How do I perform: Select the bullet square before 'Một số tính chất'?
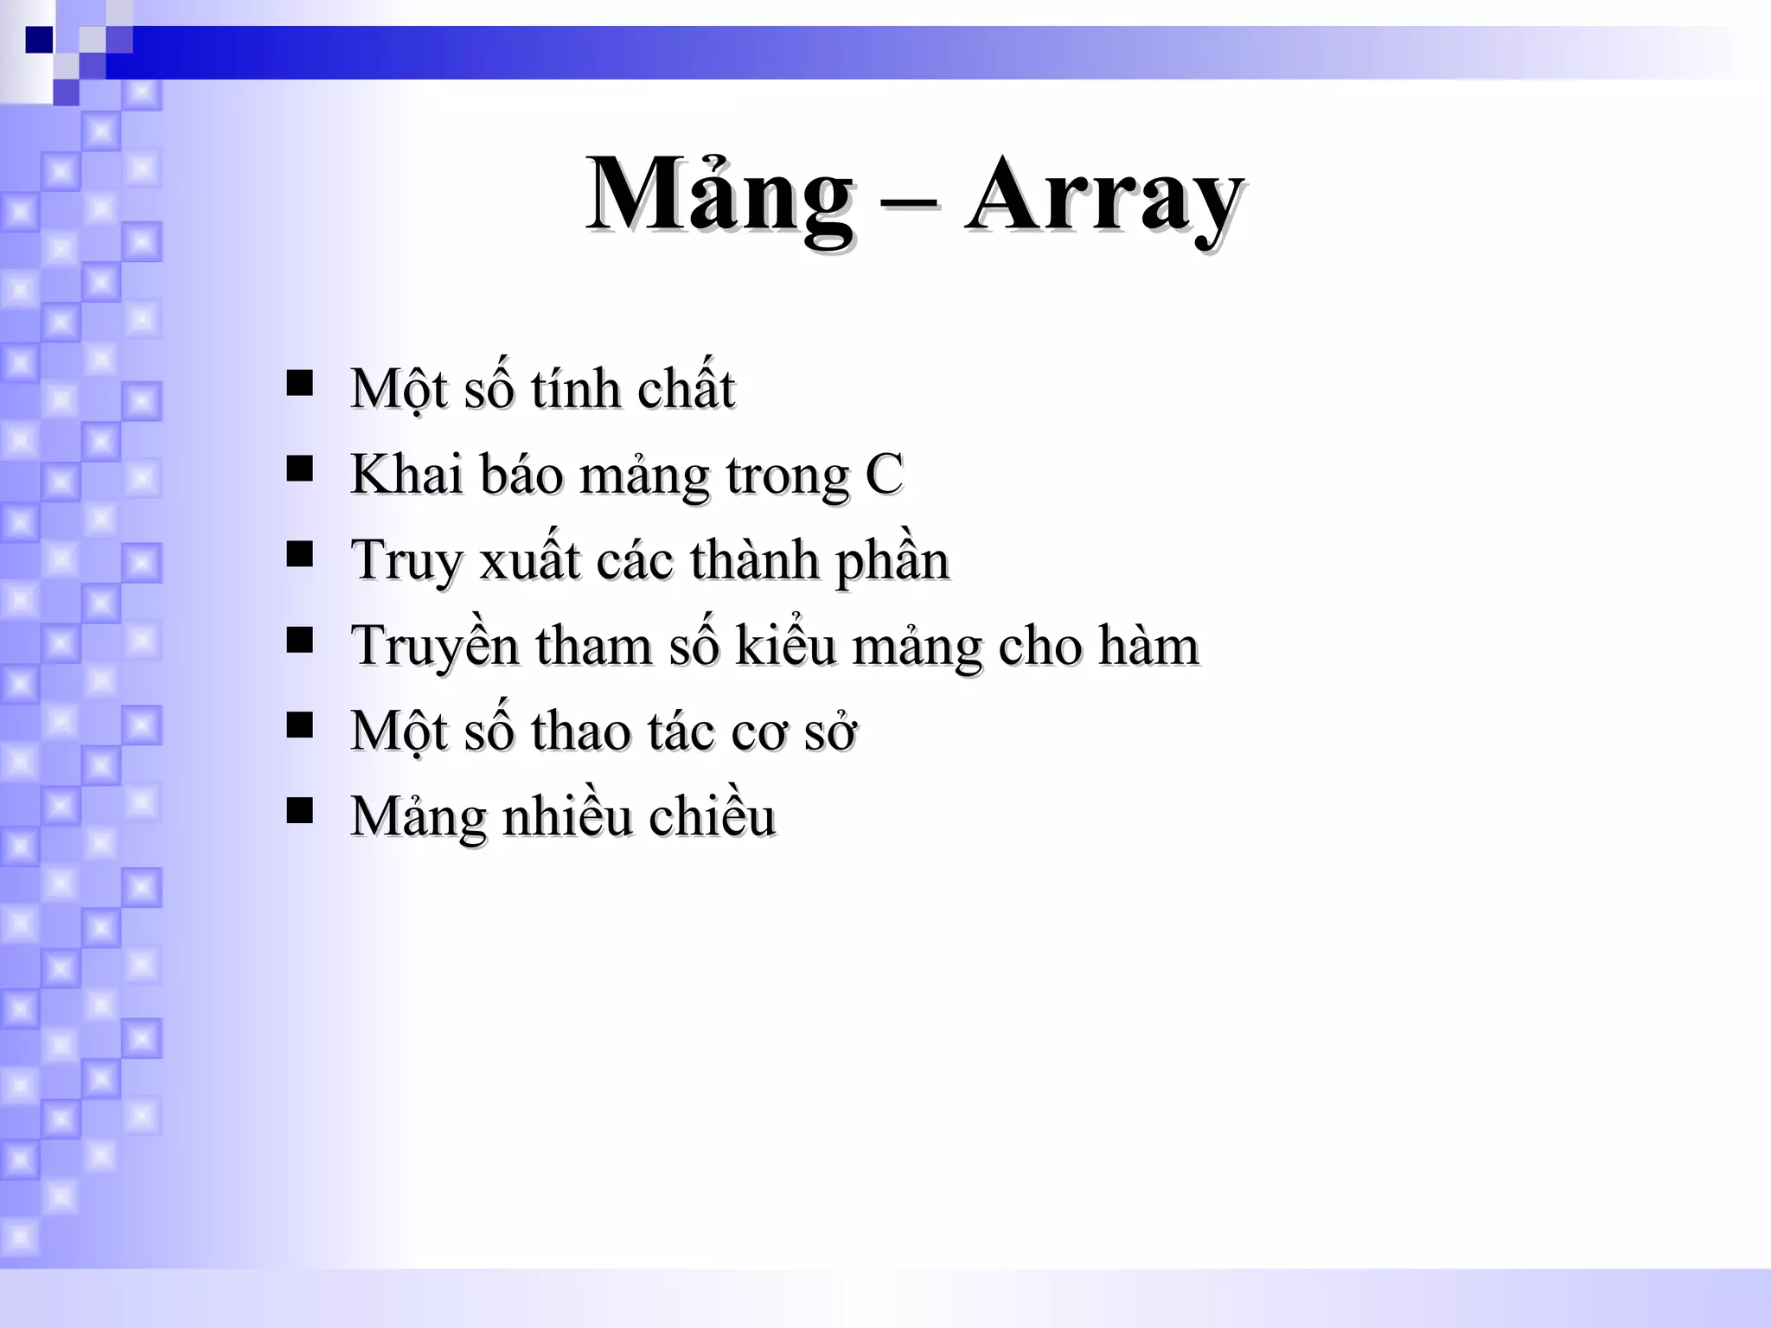(299, 383)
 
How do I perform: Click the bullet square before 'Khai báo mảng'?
(299, 469)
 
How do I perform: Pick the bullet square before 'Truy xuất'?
(299, 554)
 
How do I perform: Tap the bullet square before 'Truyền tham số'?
(299, 640)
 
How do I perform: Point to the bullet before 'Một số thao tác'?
(299, 725)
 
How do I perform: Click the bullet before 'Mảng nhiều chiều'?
(299, 811)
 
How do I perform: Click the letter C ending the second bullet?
(884, 475)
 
